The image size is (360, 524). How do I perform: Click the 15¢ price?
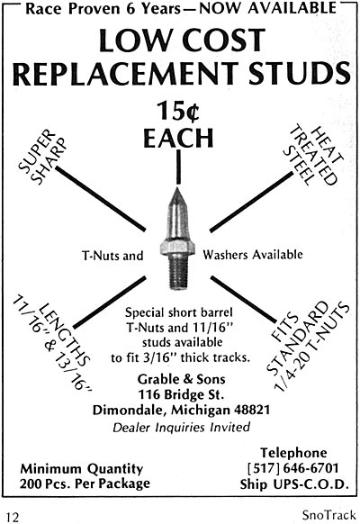[x=178, y=111]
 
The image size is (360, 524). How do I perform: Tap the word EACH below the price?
[x=178, y=138]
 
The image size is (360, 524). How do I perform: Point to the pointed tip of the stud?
[x=177, y=188]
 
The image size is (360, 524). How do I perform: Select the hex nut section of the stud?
[x=177, y=248]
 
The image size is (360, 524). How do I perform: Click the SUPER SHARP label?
[x=41, y=157]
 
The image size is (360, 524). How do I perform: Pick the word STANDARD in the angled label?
[x=298, y=339]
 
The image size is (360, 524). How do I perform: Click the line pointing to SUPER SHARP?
[x=101, y=199]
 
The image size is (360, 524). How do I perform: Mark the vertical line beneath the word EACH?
[x=179, y=167]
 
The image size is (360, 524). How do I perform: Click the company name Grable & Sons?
[x=181, y=379]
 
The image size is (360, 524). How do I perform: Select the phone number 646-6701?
[x=310, y=468]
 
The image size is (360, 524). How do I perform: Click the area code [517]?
[x=264, y=468]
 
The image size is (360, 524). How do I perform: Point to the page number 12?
[x=13, y=517]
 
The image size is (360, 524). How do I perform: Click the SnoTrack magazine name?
[x=328, y=515]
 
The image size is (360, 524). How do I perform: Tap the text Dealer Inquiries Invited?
[x=181, y=427]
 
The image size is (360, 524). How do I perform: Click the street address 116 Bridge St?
[x=181, y=394]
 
